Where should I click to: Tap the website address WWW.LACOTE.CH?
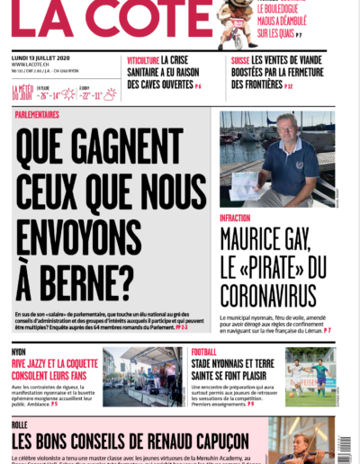(x=31, y=64)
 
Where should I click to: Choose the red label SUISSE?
(x=239, y=59)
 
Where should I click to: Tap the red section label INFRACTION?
(x=236, y=218)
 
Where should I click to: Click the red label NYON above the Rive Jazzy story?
(x=19, y=352)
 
